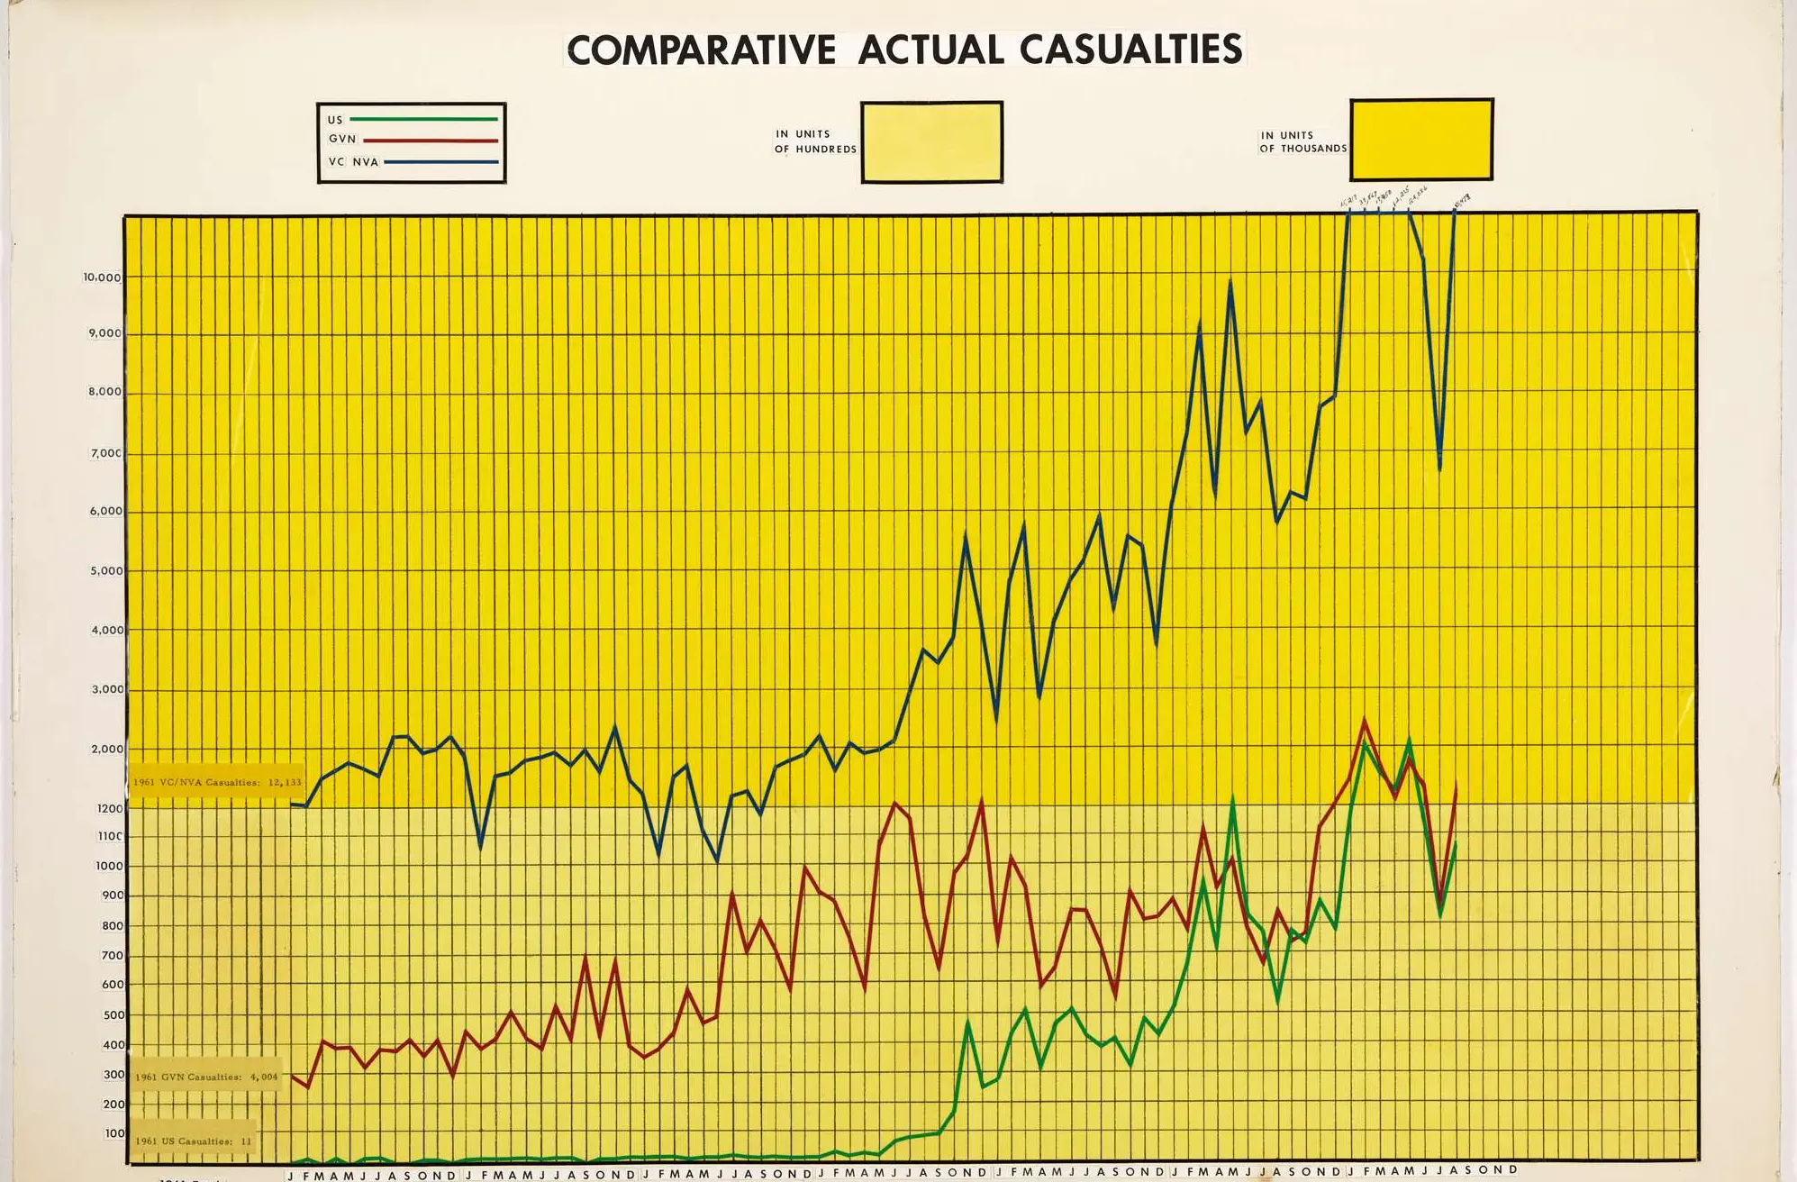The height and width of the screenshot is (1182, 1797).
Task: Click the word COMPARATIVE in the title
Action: (701, 50)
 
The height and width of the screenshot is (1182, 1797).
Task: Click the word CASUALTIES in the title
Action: (1131, 49)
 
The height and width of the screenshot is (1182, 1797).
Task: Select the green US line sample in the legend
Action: (423, 119)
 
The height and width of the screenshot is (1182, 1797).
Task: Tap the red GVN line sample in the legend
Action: (431, 141)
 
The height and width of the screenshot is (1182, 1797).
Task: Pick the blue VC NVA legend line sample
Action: (440, 162)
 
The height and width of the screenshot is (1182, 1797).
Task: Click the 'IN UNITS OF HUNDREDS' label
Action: (815, 141)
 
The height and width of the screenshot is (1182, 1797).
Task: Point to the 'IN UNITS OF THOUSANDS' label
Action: (1302, 141)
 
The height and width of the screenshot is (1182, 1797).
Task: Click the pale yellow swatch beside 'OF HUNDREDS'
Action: (931, 142)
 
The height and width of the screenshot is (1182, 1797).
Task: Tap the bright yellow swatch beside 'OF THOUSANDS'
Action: (1420, 140)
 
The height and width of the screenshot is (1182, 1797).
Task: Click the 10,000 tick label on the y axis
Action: (103, 277)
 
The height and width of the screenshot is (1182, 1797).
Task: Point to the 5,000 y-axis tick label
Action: (107, 571)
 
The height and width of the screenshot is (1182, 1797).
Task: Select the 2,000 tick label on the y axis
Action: (107, 750)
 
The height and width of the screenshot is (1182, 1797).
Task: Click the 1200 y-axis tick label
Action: (110, 809)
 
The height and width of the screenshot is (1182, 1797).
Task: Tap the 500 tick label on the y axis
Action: (113, 1015)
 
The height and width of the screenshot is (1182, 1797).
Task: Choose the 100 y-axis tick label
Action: (115, 1133)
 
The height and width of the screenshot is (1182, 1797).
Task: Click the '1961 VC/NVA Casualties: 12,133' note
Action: (216, 782)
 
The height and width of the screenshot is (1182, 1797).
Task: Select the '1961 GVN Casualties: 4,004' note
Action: (206, 1077)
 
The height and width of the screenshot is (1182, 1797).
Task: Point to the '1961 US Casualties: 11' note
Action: (194, 1141)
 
